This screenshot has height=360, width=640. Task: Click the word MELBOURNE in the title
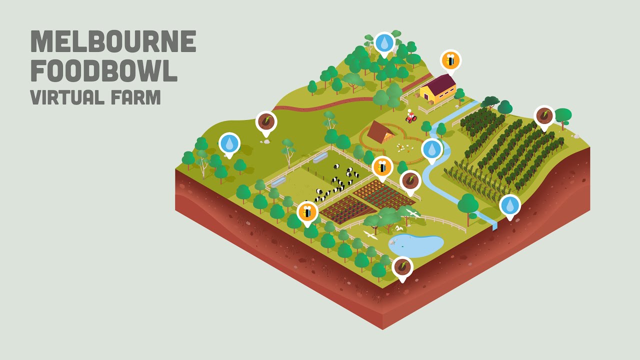coord(113,41)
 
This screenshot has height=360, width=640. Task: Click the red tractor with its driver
coord(410,117)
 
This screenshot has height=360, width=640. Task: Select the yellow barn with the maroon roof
coord(438,90)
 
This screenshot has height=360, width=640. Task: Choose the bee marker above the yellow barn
coord(450,60)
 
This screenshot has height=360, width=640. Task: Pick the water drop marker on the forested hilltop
coord(384,43)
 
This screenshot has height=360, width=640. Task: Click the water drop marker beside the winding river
coord(431,149)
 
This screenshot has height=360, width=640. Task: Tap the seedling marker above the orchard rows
coord(544,116)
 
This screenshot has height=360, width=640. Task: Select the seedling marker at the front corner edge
coord(402,267)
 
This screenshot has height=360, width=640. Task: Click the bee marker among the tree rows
coord(307,212)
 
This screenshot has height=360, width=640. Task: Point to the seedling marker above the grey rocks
coord(266,121)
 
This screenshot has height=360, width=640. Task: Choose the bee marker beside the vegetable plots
coord(382,166)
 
